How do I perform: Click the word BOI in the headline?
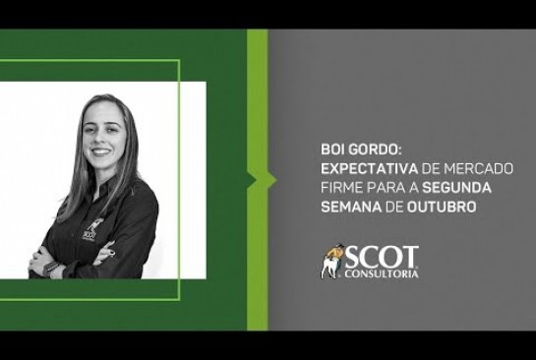click(x=332, y=150)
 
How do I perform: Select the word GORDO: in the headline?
click(x=374, y=150)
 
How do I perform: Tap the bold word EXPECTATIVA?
click(x=370, y=169)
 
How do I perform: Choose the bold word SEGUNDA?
click(x=456, y=188)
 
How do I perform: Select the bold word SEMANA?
click(x=351, y=208)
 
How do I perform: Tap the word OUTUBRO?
click(x=442, y=208)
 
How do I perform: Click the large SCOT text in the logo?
click(x=382, y=257)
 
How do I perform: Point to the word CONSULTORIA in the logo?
click(x=382, y=273)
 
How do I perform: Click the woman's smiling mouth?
click(x=101, y=150)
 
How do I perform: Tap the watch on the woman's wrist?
click(x=50, y=268)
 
